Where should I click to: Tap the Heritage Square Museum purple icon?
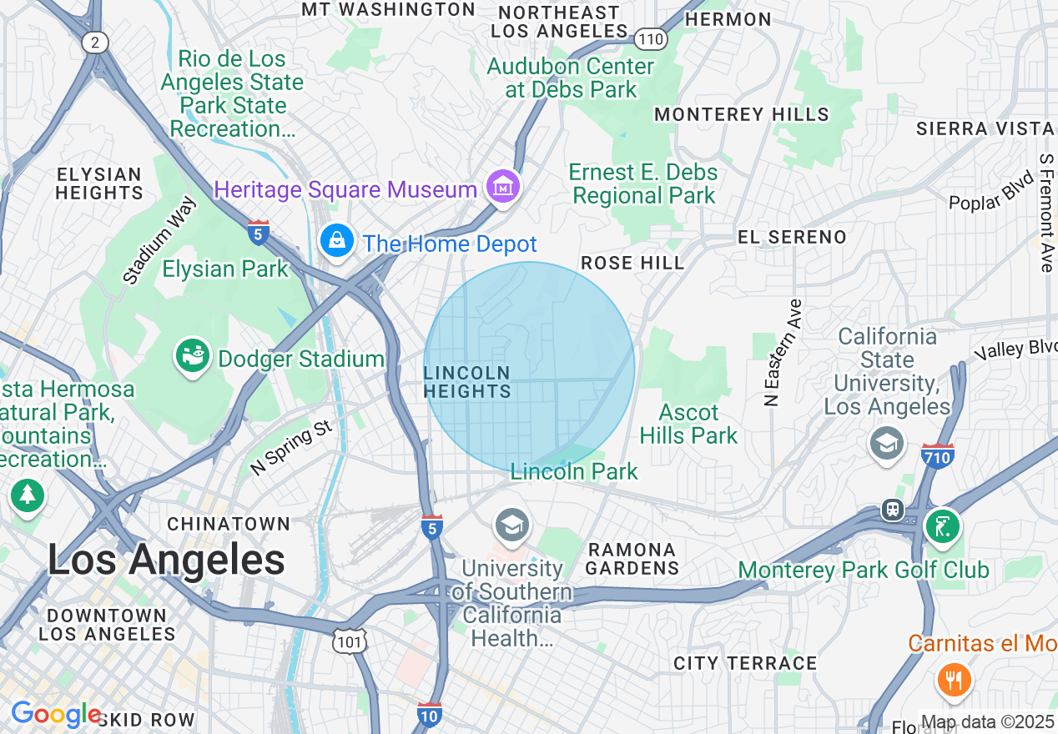click(x=504, y=188)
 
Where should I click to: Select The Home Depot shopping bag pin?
click(x=336, y=241)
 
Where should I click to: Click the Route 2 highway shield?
click(x=94, y=43)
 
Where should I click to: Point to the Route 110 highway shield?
click(x=649, y=38)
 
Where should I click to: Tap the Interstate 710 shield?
click(x=938, y=455)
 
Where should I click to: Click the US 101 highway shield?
click(x=346, y=641)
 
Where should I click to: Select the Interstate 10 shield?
click(x=429, y=713)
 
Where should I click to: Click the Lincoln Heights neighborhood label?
click(x=466, y=381)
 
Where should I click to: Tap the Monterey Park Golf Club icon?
click(x=942, y=525)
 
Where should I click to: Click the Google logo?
click(x=55, y=715)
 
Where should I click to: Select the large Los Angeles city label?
click(x=166, y=560)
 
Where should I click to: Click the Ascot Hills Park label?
click(x=689, y=424)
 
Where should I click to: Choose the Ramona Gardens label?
click(x=632, y=559)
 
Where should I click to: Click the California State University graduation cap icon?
click(x=886, y=443)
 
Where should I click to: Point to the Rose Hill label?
click(x=632, y=263)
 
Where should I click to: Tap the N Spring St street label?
click(x=291, y=448)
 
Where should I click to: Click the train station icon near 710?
click(x=893, y=509)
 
